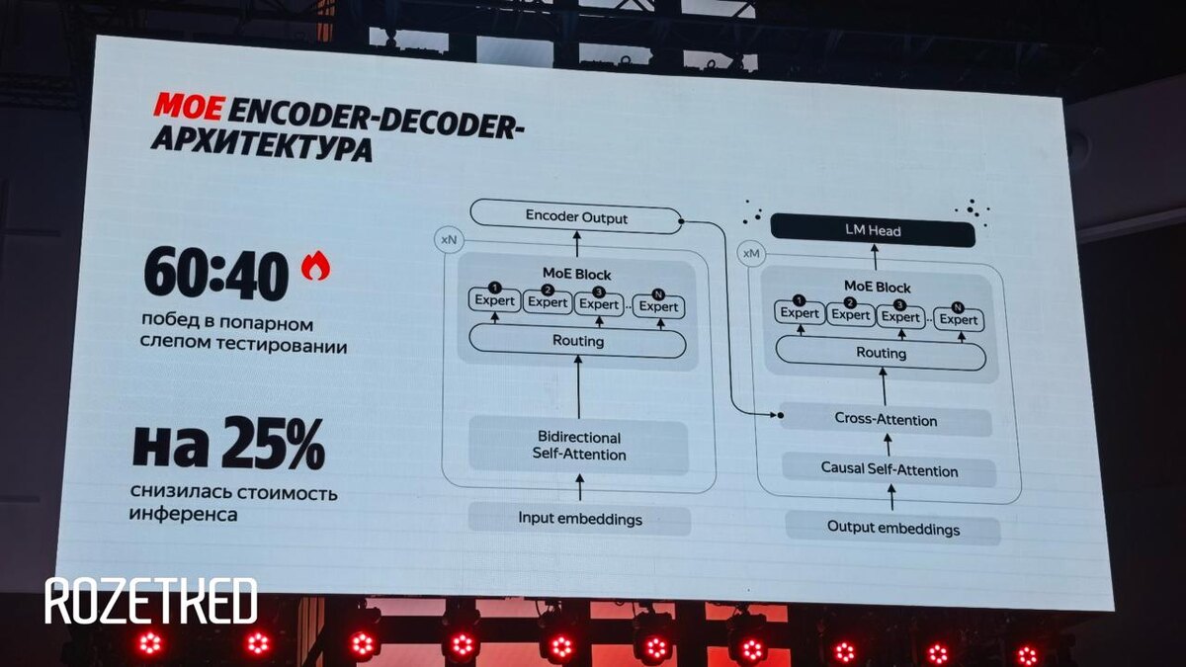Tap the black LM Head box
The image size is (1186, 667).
point(873,231)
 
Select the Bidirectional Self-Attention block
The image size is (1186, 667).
point(578,446)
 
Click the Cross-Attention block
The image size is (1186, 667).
point(886,420)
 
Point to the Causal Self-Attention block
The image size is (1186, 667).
point(889,470)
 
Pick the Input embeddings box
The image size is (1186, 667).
point(579,518)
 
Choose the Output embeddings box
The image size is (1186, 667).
point(892,528)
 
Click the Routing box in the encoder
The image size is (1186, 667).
point(577,341)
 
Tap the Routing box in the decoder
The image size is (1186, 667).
point(881,353)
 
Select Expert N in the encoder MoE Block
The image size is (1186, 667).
point(658,306)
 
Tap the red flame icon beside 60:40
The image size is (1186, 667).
point(315,266)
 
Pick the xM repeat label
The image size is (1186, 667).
point(751,254)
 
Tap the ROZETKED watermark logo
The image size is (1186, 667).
point(150,601)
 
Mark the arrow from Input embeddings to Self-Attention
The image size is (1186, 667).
point(579,486)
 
